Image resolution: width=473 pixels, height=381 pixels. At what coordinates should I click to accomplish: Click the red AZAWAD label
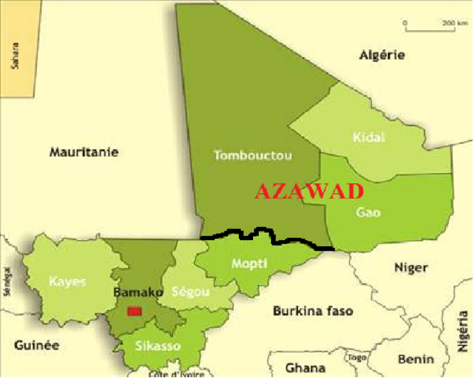(309, 191)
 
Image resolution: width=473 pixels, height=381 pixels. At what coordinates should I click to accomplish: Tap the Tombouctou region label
(253, 155)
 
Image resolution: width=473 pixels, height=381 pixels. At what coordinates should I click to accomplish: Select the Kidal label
(369, 137)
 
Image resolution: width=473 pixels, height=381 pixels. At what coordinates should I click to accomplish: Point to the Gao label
(368, 212)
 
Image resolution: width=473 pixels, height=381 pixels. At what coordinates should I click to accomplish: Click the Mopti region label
(249, 263)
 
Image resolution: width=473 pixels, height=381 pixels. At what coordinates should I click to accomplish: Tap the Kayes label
(68, 282)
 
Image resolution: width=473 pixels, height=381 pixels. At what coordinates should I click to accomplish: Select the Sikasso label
(160, 346)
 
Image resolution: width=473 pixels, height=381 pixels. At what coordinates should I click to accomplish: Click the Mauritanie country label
(84, 152)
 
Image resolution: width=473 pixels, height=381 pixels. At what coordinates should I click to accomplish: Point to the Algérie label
(382, 55)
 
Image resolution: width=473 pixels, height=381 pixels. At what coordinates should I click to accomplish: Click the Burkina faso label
(313, 311)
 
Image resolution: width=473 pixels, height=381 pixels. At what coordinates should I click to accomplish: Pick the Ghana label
(305, 368)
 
